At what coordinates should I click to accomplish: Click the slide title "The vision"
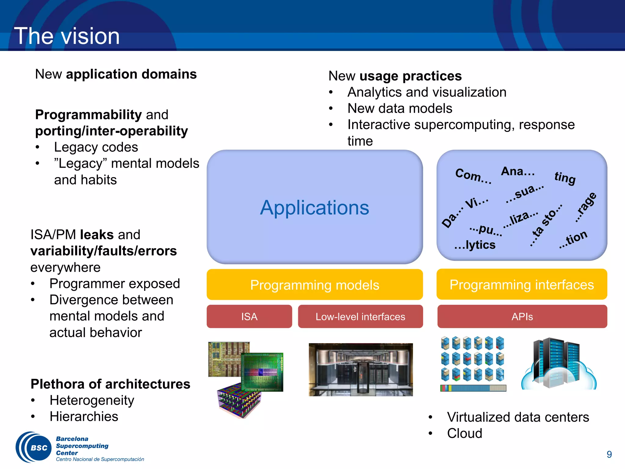[x=67, y=36]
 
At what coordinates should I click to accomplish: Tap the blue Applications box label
[x=314, y=208]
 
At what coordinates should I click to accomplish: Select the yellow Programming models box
[x=314, y=285]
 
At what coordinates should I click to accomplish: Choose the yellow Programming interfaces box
[x=522, y=284]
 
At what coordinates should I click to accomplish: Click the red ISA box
[x=249, y=317]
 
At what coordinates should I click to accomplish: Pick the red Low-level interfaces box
[x=360, y=317]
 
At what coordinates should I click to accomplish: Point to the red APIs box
[x=522, y=317]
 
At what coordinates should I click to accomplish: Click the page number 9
[x=609, y=454]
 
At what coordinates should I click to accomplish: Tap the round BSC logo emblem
[x=34, y=447]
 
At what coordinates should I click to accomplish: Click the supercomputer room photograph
[x=361, y=369]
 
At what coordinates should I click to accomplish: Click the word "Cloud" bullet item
[x=464, y=433]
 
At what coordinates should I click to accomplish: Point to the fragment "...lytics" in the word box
[x=475, y=245]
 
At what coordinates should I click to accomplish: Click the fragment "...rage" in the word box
[x=585, y=207]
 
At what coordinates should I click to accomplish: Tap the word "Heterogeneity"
[x=92, y=400]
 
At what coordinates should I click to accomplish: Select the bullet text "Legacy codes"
[x=96, y=147]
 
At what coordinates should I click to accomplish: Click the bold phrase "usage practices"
[x=410, y=76]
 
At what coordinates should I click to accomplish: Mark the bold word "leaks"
[x=97, y=234]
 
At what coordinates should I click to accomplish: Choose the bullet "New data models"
[x=400, y=108]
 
